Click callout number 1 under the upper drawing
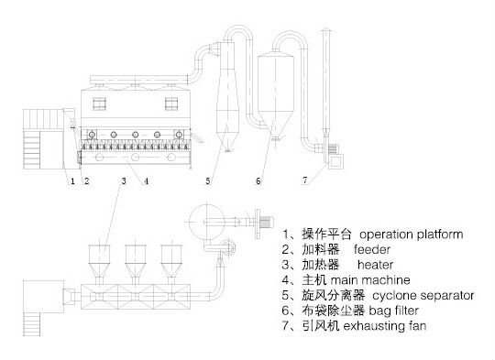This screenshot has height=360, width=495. click(x=72, y=181)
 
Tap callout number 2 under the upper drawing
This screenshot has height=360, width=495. click(x=86, y=181)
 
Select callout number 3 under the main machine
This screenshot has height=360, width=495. click(x=124, y=180)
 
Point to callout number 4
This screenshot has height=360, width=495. click(x=146, y=181)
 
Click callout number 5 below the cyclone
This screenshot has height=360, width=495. click(x=208, y=180)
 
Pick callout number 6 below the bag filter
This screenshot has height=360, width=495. click(x=258, y=180)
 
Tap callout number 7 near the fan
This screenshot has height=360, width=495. click(x=305, y=180)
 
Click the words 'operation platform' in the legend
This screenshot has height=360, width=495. click(x=412, y=235)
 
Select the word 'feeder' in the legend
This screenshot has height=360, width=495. click(x=372, y=249)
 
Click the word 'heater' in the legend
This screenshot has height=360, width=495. click(x=375, y=265)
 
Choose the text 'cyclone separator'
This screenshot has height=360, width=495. click(x=423, y=295)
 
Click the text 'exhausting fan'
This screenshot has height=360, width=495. click(x=384, y=325)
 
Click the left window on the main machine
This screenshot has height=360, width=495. click(x=99, y=104)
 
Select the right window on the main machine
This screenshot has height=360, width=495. click(x=171, y=104)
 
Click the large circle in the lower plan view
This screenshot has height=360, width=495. click(x=206, y=223)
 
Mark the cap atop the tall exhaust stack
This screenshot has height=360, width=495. click(x=325, y=30)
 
